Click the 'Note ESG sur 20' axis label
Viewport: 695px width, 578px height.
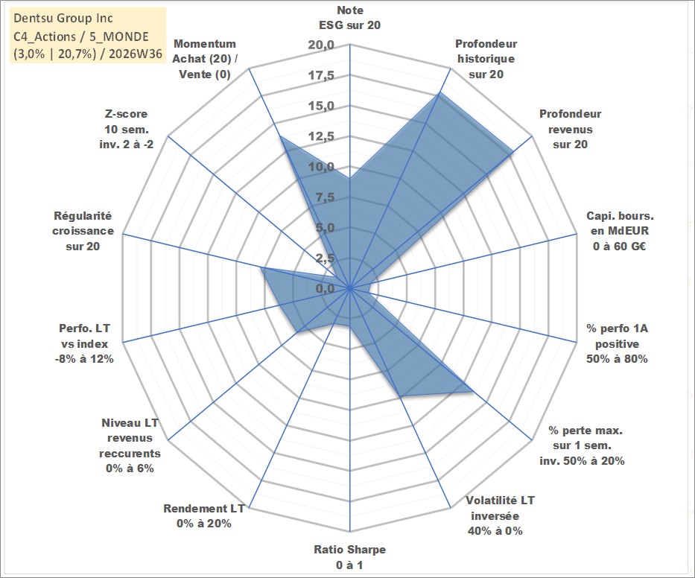pos(349,18)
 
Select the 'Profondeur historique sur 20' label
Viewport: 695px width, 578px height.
pos(486,59)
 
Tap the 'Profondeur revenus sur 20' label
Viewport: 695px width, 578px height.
pos(570,129)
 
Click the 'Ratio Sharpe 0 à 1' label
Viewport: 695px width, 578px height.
pos(349,557)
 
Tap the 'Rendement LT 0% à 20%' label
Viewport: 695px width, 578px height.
pos(204,516)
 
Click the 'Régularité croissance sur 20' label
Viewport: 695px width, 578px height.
pos(83,231)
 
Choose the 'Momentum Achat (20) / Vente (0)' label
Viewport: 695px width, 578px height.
pos(205,59)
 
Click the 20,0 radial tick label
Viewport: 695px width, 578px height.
pos(321,45)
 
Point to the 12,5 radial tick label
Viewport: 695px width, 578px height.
pos(321,136)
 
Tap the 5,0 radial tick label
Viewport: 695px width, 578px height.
pos(325,228)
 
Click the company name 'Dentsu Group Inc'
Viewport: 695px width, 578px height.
pos(63,18)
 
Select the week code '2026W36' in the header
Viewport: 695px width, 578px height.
pos(136,54)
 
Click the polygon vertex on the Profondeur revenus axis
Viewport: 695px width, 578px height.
pos(512,152)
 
